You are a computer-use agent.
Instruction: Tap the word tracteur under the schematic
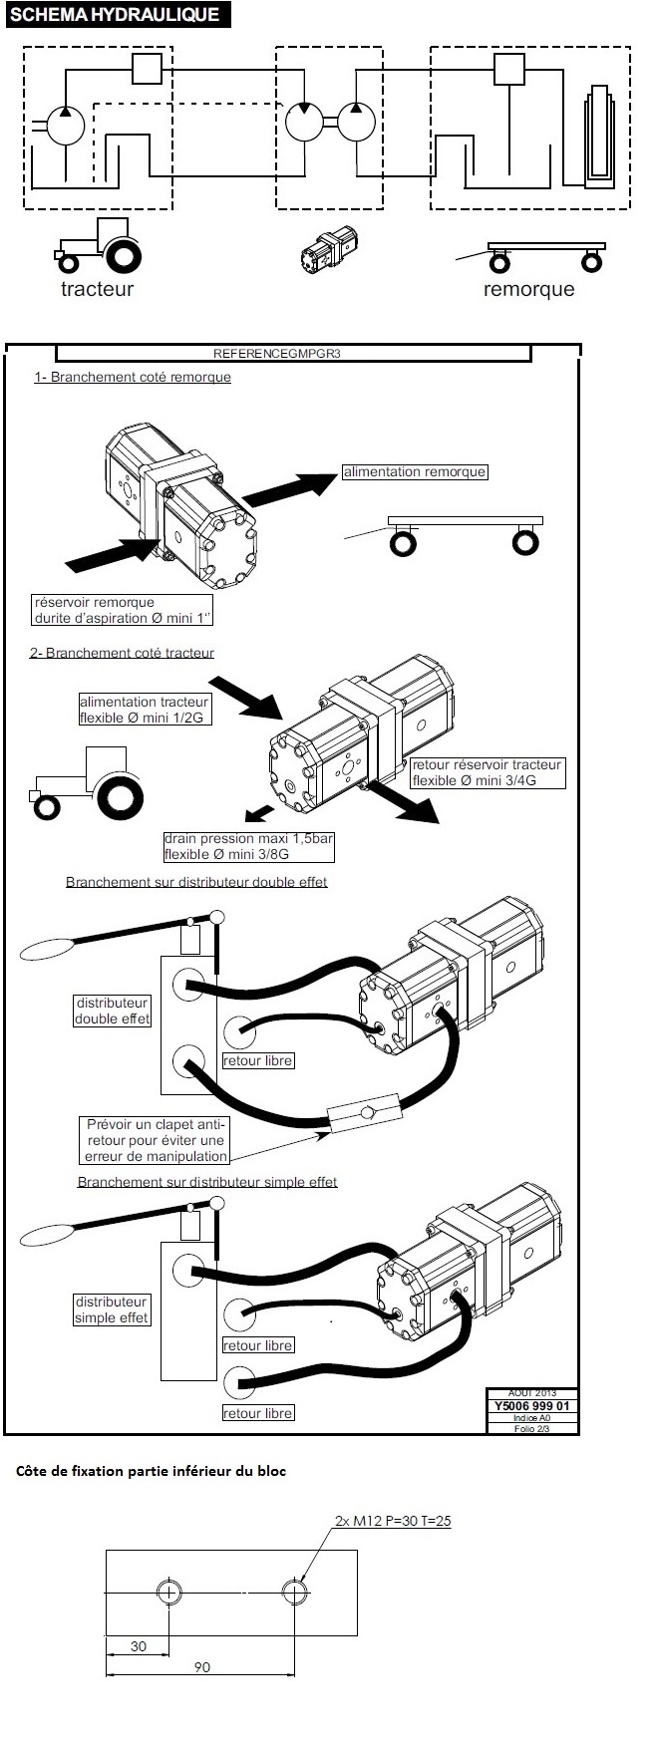(x=97, y=289)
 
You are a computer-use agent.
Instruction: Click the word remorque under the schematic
(x=528, y=289)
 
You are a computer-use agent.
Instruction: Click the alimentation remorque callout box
(x=415, y=472)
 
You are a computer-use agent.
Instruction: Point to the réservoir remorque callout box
(x=123, y=610)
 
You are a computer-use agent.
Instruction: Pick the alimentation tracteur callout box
(x=145, y=710)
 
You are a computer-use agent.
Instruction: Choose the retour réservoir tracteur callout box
(x=488, y=772)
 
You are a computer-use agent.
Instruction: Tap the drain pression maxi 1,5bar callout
(x=248, y=846)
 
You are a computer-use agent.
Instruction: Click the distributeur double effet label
(x=112, y=1011)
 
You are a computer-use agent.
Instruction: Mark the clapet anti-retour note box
(x=157, y=1140)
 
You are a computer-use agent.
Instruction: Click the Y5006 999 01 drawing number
(x=532, y=1406)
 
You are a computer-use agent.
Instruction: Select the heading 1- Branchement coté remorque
(x=133, y=377)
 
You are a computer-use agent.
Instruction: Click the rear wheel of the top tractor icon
(x=123, y=257)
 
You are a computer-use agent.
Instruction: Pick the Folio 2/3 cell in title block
(x=532, y=1428)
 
